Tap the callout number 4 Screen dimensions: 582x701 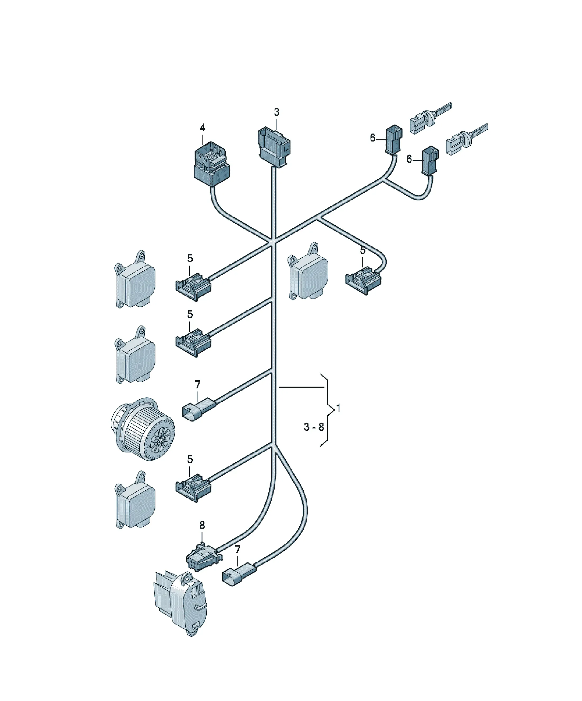pyautogui.click(x=202, y=127)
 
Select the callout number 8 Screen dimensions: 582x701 pyautogui.click(x=202, y=525)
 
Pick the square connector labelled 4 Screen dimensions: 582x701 pyautogui.click(x=212, y=163)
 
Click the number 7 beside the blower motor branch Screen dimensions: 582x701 pyautogui.click(x=197, y=384)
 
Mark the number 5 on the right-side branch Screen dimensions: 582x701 pyautogui.click(x=362, y=250)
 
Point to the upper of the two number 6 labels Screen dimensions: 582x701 pyautogui.click(x=373, y=138)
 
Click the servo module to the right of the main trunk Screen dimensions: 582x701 pyautogui.click(x=308, y=271)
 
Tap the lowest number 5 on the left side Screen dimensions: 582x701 pyautogui.click(x=190, y=459)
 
